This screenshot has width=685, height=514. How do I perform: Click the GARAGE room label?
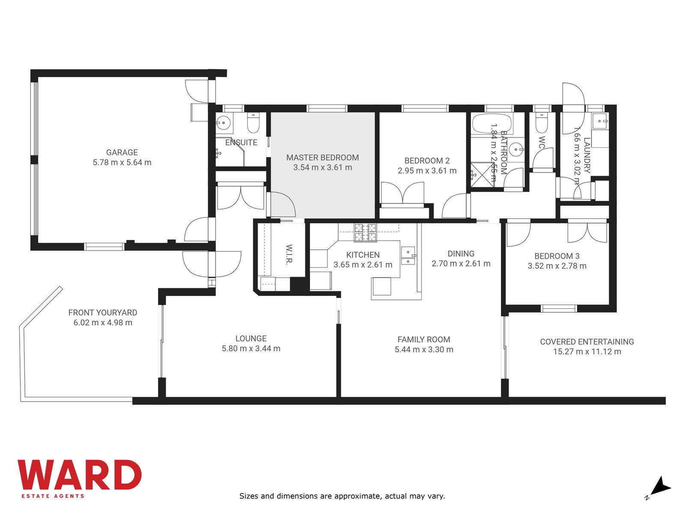122,152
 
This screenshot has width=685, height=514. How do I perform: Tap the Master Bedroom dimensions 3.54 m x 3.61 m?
322,167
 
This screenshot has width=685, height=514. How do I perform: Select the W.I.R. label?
289,254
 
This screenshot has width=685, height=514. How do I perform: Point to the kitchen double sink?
408,255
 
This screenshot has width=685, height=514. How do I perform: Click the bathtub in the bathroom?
492,124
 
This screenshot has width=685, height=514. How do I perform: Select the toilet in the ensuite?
253,123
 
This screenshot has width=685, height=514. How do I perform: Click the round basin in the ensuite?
223,123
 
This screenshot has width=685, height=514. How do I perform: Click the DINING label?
461,254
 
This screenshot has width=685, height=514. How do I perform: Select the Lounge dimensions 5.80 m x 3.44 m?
251,348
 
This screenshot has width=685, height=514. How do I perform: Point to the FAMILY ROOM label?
423,339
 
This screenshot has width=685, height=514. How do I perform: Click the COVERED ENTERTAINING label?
587,342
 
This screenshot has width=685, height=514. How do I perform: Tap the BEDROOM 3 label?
557,256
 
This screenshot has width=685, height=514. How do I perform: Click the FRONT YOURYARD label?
103,312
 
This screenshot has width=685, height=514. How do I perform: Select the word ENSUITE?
241,143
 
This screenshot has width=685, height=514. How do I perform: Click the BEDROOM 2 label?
427,161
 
